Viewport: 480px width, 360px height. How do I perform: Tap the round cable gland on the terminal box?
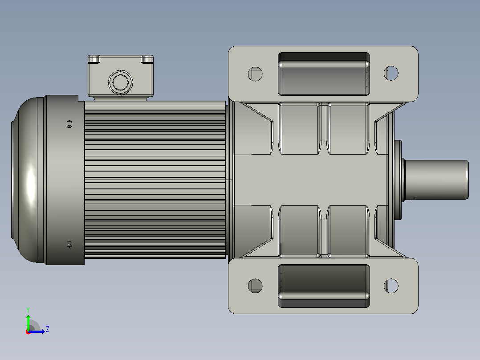point(120,82)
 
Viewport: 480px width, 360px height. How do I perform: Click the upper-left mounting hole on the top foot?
point(255,74)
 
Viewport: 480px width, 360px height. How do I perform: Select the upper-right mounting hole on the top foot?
point(391,73)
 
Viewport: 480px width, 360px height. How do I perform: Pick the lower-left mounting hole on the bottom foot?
point(255,286)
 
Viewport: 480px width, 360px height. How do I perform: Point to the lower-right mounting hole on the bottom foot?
point(391,286)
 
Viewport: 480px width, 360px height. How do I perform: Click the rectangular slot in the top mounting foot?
point(324,74)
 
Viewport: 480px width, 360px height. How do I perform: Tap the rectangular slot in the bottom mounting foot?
point(324,286)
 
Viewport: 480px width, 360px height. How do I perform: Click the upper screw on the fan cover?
point(69,124)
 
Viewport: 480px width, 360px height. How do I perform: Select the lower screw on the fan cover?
point(69,244)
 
